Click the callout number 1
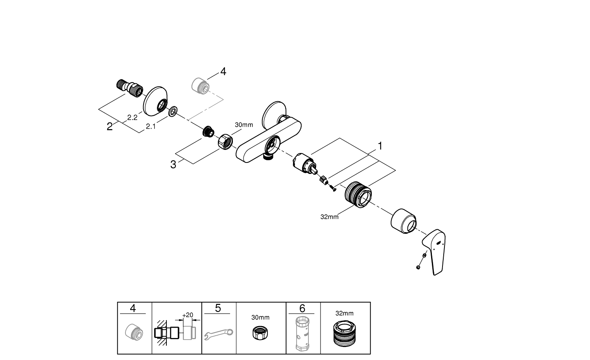(380, 146)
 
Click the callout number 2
(110, 127)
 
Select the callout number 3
(173, 164)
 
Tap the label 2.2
(132, 118)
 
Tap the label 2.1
(151, 126)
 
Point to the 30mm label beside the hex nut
(244, 125)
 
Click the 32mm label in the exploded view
(329, 216)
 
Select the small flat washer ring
(173, 112)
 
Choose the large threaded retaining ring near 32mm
(358, 194)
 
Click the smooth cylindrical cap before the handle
(404, 220)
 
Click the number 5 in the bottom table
(218, 308)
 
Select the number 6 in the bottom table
(302, 308)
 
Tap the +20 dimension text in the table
(188, 315)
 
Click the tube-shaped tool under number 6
(302, 334)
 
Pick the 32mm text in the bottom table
(344, 314)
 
